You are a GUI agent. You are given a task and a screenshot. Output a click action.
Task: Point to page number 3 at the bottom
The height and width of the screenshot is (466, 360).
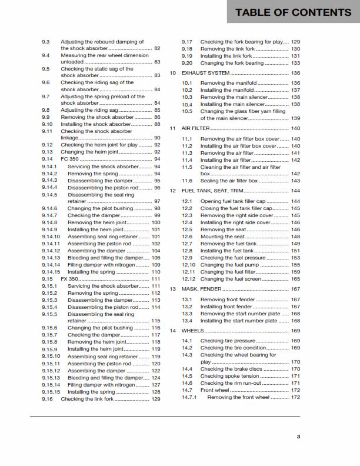[x=298, y=436]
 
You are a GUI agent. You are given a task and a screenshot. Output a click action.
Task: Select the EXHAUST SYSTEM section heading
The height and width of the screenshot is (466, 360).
[x=205, y=73]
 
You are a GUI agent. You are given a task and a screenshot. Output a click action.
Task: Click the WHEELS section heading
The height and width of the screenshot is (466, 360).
[x=193, y=331]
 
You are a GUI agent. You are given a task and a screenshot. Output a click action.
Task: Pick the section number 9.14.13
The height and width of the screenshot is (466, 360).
[x=51, y=258]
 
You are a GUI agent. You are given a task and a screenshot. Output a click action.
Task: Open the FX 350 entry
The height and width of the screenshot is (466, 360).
[x=69, y=279]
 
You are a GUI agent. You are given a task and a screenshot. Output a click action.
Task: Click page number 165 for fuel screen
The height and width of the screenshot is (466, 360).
[x=295, y=279]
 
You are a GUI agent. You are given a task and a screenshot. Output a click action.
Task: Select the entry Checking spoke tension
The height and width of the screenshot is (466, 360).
[x=229, y=376]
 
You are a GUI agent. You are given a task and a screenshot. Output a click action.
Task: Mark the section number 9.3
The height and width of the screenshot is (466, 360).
[x=46, y=42]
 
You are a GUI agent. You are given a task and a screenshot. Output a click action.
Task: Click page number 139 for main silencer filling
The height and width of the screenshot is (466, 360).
[x=295, y=118]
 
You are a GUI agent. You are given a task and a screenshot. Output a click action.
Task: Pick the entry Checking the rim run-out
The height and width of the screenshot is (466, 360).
[x=231, y=383]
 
